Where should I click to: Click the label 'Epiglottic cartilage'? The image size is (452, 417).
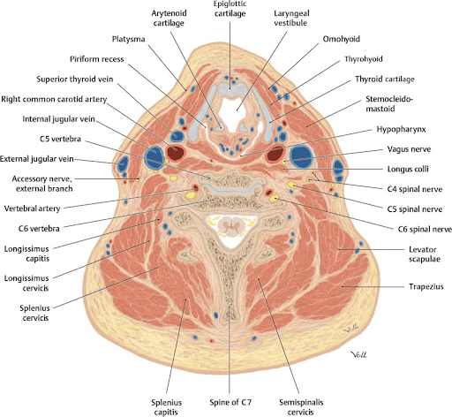coord(230,9)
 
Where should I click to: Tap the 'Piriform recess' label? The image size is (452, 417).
coord(96,59)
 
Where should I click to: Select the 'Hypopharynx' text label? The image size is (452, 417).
coord(401,129)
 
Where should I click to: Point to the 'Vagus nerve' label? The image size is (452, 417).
coord(409,149)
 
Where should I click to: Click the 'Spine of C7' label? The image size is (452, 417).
coord(230,402)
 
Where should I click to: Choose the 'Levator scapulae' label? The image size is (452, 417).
coord(424,254)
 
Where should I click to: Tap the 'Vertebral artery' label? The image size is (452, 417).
coord(32,208)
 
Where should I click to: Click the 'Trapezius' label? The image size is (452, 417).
coord(426,286)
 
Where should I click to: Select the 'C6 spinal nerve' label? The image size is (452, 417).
coord(425,229)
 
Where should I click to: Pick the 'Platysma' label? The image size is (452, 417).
coord(128,39)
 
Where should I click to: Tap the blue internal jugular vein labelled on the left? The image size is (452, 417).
coord(154,157)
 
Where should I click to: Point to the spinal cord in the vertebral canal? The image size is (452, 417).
coord(231,228)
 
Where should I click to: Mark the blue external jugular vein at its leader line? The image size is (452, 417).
coord(123,164)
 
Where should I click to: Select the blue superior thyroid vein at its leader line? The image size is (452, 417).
coord(177,136)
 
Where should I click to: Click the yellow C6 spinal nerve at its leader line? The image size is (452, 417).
coord(275,199)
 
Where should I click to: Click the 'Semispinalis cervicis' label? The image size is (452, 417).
coord(301,407)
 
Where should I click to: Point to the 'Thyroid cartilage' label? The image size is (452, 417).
coord(385,80)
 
